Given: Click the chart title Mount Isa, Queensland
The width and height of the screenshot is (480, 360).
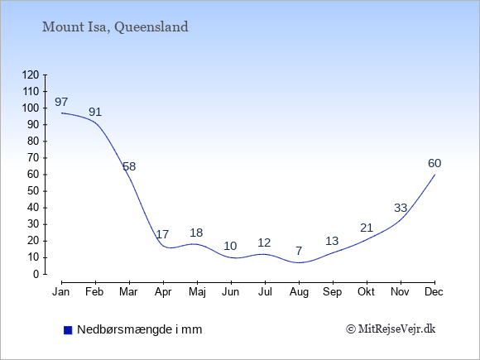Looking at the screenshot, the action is click(x=115, y=27).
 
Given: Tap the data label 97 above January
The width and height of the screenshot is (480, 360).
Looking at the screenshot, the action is click(x=61, y=102).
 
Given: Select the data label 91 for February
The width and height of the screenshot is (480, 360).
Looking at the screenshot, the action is click(x=95, y=112).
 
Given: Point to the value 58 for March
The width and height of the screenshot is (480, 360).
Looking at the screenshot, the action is click(x=129, y=166).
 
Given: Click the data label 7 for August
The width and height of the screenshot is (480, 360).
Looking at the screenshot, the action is click(x=299, y=251).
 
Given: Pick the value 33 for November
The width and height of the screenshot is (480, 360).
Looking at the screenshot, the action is click(x=401, y=208).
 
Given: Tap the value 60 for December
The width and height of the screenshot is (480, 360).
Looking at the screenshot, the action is click(x=434, y=163).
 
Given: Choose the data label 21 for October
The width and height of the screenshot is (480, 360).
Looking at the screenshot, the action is click(x=367, y=228).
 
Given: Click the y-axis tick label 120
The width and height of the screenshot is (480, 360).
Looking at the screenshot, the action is click(x=31, y=74).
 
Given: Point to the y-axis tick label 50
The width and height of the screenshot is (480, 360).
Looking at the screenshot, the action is click(x=34, y=191).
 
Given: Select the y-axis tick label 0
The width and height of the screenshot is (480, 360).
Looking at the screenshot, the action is click(x=36, y=274).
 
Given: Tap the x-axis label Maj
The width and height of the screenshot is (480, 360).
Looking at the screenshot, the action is click(x=197, y=292).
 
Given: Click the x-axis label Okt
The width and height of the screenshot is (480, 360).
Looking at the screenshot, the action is click(x=366, y=292).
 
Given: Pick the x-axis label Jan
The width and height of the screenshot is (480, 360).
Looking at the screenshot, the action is click(x=61, y=292).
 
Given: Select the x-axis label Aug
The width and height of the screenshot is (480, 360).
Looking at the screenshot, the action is click(x=299, y=292).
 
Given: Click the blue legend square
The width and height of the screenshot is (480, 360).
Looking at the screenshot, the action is click(x=68, y=330).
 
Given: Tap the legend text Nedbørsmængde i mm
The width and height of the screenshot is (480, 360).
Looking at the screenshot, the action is click(x=140, y=329).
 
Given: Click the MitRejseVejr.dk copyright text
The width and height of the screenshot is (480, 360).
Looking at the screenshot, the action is click(x=391, y=329).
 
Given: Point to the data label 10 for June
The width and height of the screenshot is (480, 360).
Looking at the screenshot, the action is click(x=230, y=246).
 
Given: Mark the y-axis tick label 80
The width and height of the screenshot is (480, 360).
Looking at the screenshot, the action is click(x=34, y=142).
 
